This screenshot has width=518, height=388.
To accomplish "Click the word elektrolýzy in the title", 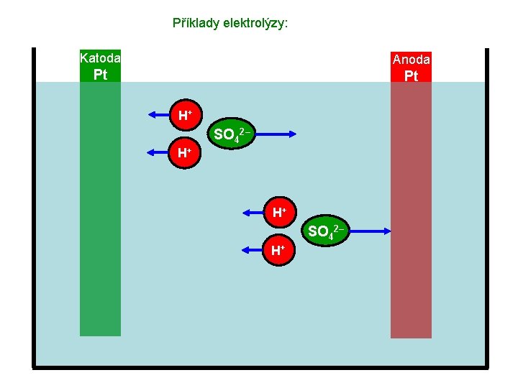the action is click(254, 23).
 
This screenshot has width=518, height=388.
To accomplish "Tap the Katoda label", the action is click(100, 57).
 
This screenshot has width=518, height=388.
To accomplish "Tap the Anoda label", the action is click(411, 60).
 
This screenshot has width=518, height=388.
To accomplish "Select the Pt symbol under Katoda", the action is click(100, 75).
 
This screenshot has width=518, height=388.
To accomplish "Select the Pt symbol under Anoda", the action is click(411, 75).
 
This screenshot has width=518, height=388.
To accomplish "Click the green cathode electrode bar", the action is click(100, 216).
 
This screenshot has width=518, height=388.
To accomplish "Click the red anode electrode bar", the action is click(411, 216).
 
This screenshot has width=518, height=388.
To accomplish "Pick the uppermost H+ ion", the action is click(185, 114).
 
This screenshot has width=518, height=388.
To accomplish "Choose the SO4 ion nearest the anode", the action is click(324, 231).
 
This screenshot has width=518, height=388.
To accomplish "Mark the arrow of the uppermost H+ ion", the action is click(159, 114).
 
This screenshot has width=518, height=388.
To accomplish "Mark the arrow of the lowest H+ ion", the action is click(253, 249).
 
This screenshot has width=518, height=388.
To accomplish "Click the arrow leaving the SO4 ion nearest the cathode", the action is click(274, 134).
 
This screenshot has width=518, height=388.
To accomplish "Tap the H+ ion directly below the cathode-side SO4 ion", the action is click(185, 152).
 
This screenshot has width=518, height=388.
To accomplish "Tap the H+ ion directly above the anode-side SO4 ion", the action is click(278, 212).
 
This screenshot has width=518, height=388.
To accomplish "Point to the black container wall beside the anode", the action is click(487, 216).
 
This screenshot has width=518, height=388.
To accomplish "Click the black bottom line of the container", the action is click(259, 368).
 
